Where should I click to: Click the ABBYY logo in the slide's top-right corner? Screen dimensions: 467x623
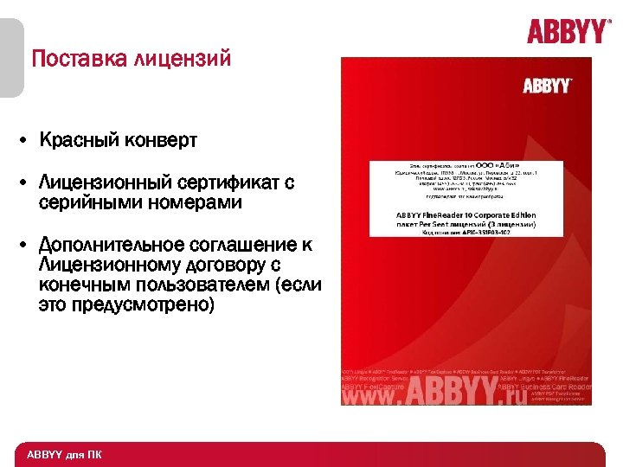[568, 32]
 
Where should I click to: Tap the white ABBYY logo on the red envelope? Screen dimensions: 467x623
[547, 86]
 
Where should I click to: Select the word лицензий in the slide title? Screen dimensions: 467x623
[183, 60]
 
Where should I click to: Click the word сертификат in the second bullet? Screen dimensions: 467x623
[230, 182]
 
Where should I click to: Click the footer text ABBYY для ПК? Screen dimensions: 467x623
[64, 454]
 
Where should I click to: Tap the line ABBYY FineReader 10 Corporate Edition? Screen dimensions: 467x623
[466, 214]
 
